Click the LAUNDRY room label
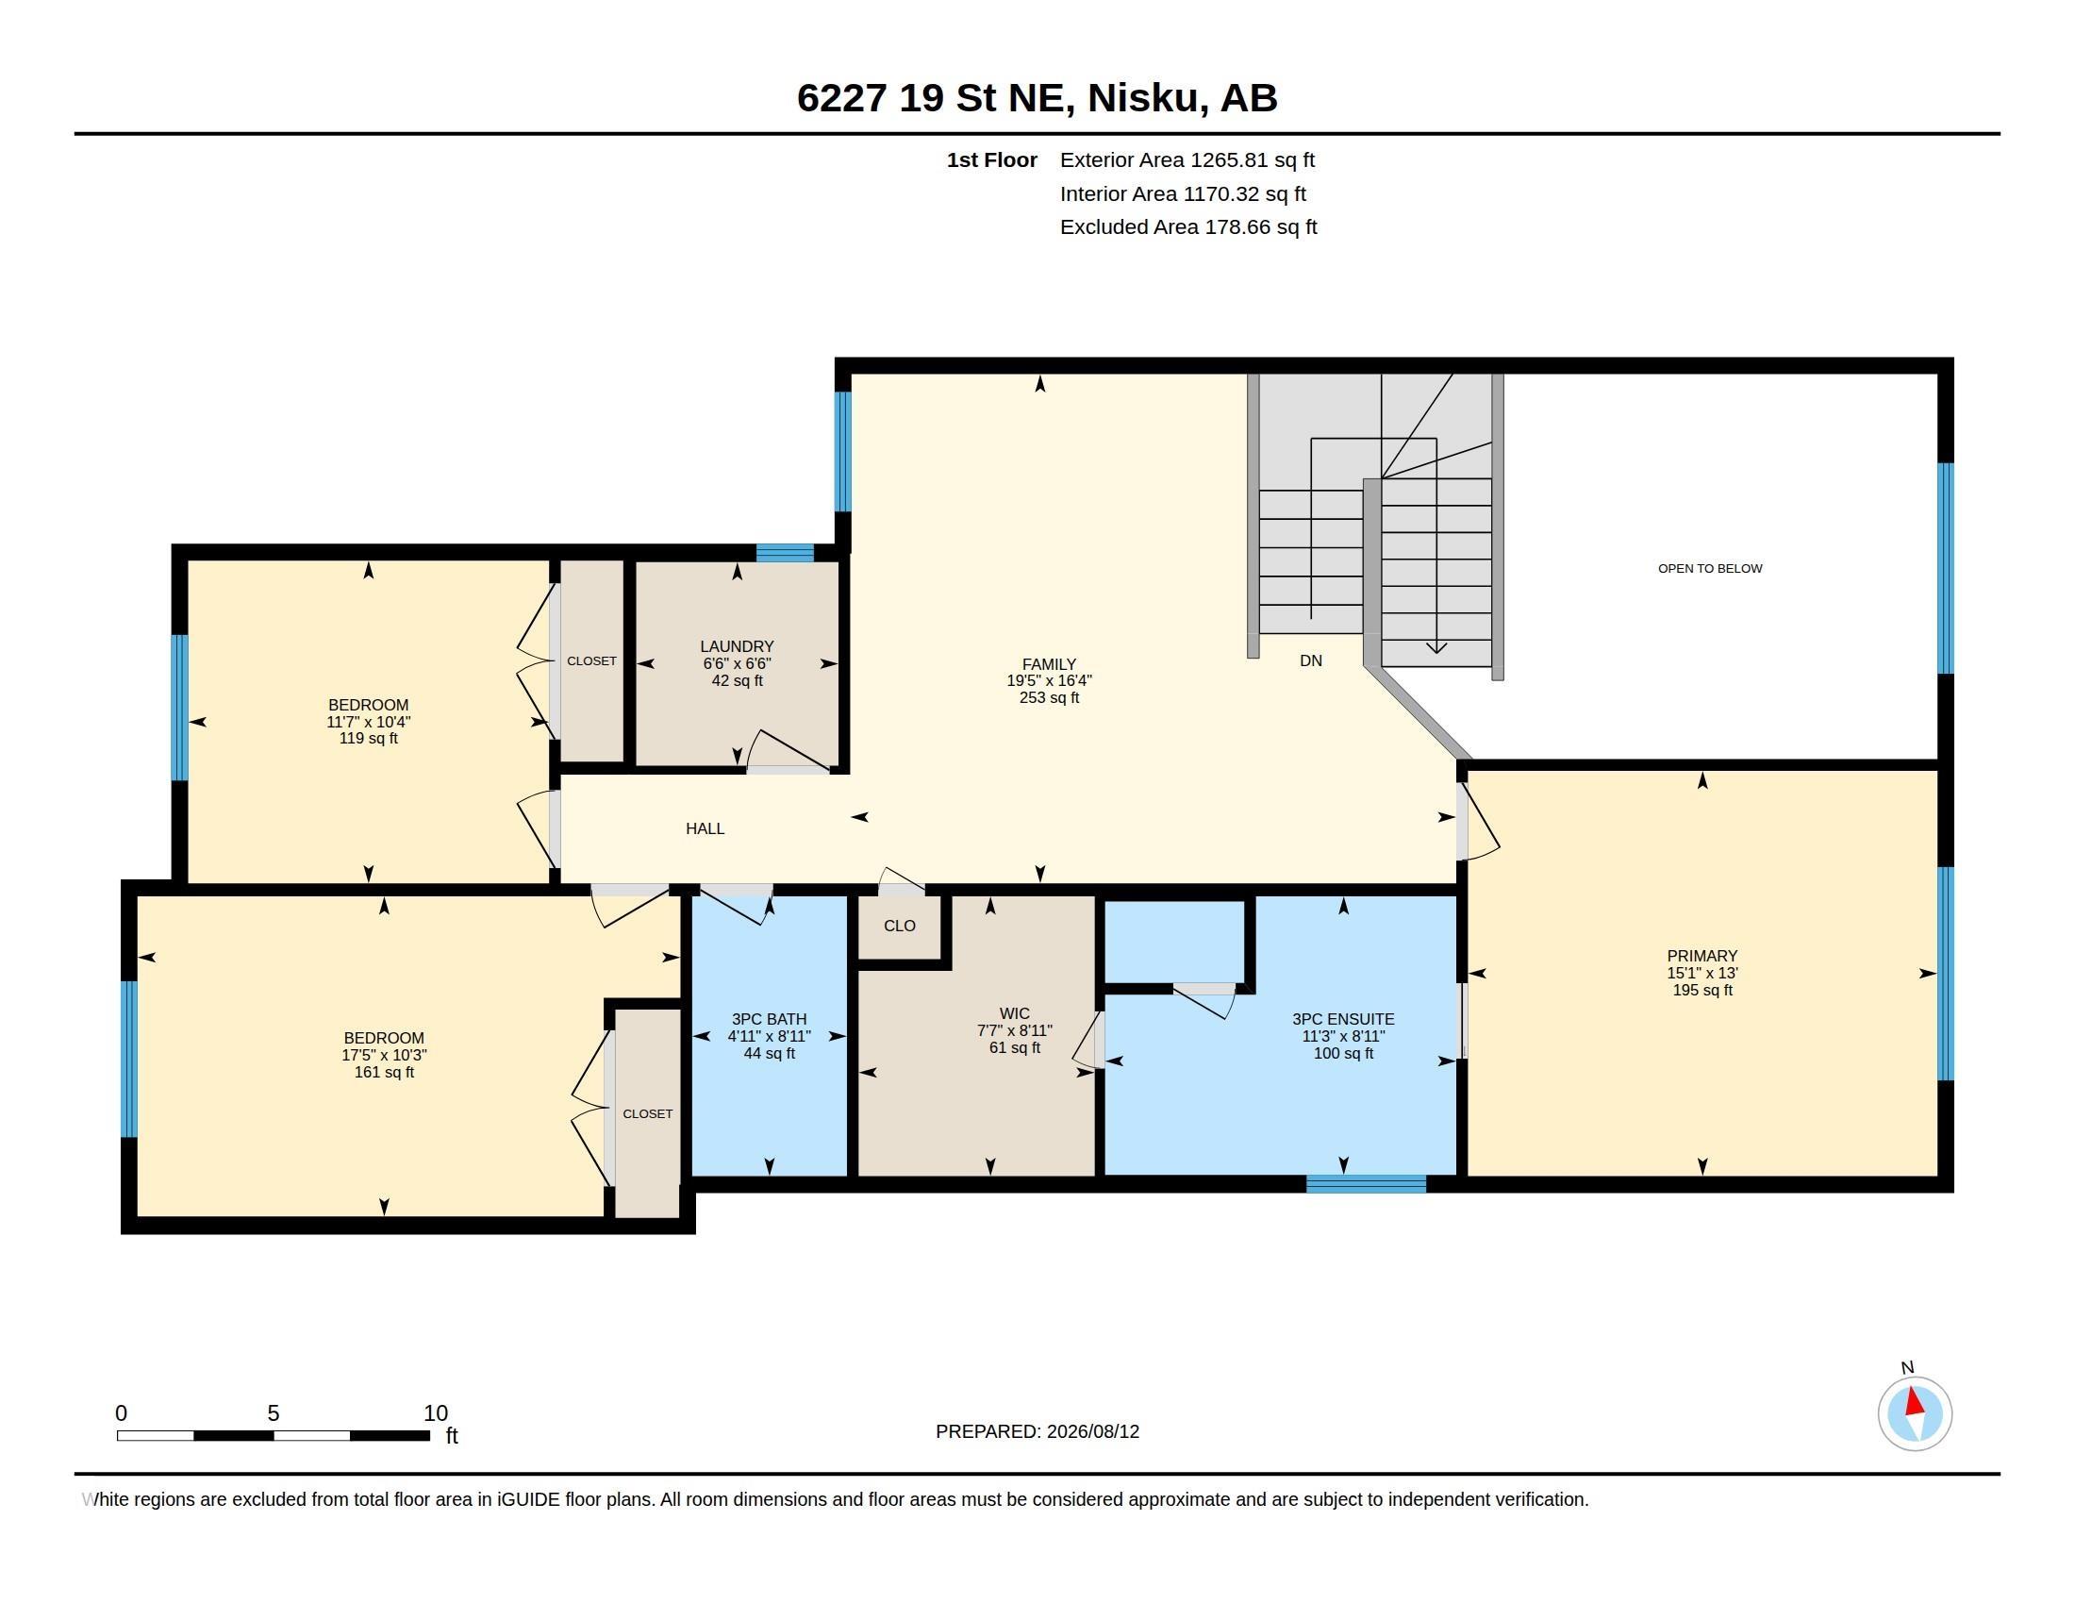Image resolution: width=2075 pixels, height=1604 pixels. (737, 646)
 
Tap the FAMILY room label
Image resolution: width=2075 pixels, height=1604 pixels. (1049, 664)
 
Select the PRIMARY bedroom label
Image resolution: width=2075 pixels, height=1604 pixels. (1701, 956)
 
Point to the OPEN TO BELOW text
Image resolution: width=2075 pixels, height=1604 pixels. (1709, 568)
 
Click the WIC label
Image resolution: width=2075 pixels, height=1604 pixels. (1014, 1014)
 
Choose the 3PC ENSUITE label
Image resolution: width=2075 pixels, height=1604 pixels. (1342, 1019)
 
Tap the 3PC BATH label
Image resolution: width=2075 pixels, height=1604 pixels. (769, 1019)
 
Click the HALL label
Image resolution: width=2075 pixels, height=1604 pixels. (705, 828)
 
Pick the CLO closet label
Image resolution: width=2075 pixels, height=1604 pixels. (899, 926)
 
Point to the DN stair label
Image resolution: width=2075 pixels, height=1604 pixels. (1310, 660)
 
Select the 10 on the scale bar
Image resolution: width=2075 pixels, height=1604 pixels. (435, 1413)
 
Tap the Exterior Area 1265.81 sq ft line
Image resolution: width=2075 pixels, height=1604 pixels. (1187, 159)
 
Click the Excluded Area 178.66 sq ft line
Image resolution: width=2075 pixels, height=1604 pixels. (1187, 227)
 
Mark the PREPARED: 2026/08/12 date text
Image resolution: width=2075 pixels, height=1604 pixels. (1037, 1431)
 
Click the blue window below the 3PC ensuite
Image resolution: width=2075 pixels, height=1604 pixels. (1366, 1184)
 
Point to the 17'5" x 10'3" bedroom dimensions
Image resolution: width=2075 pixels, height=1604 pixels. (384, 1055)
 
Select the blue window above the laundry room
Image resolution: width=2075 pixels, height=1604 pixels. (785, 553)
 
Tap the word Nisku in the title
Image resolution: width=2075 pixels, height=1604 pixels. (1142, 97)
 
